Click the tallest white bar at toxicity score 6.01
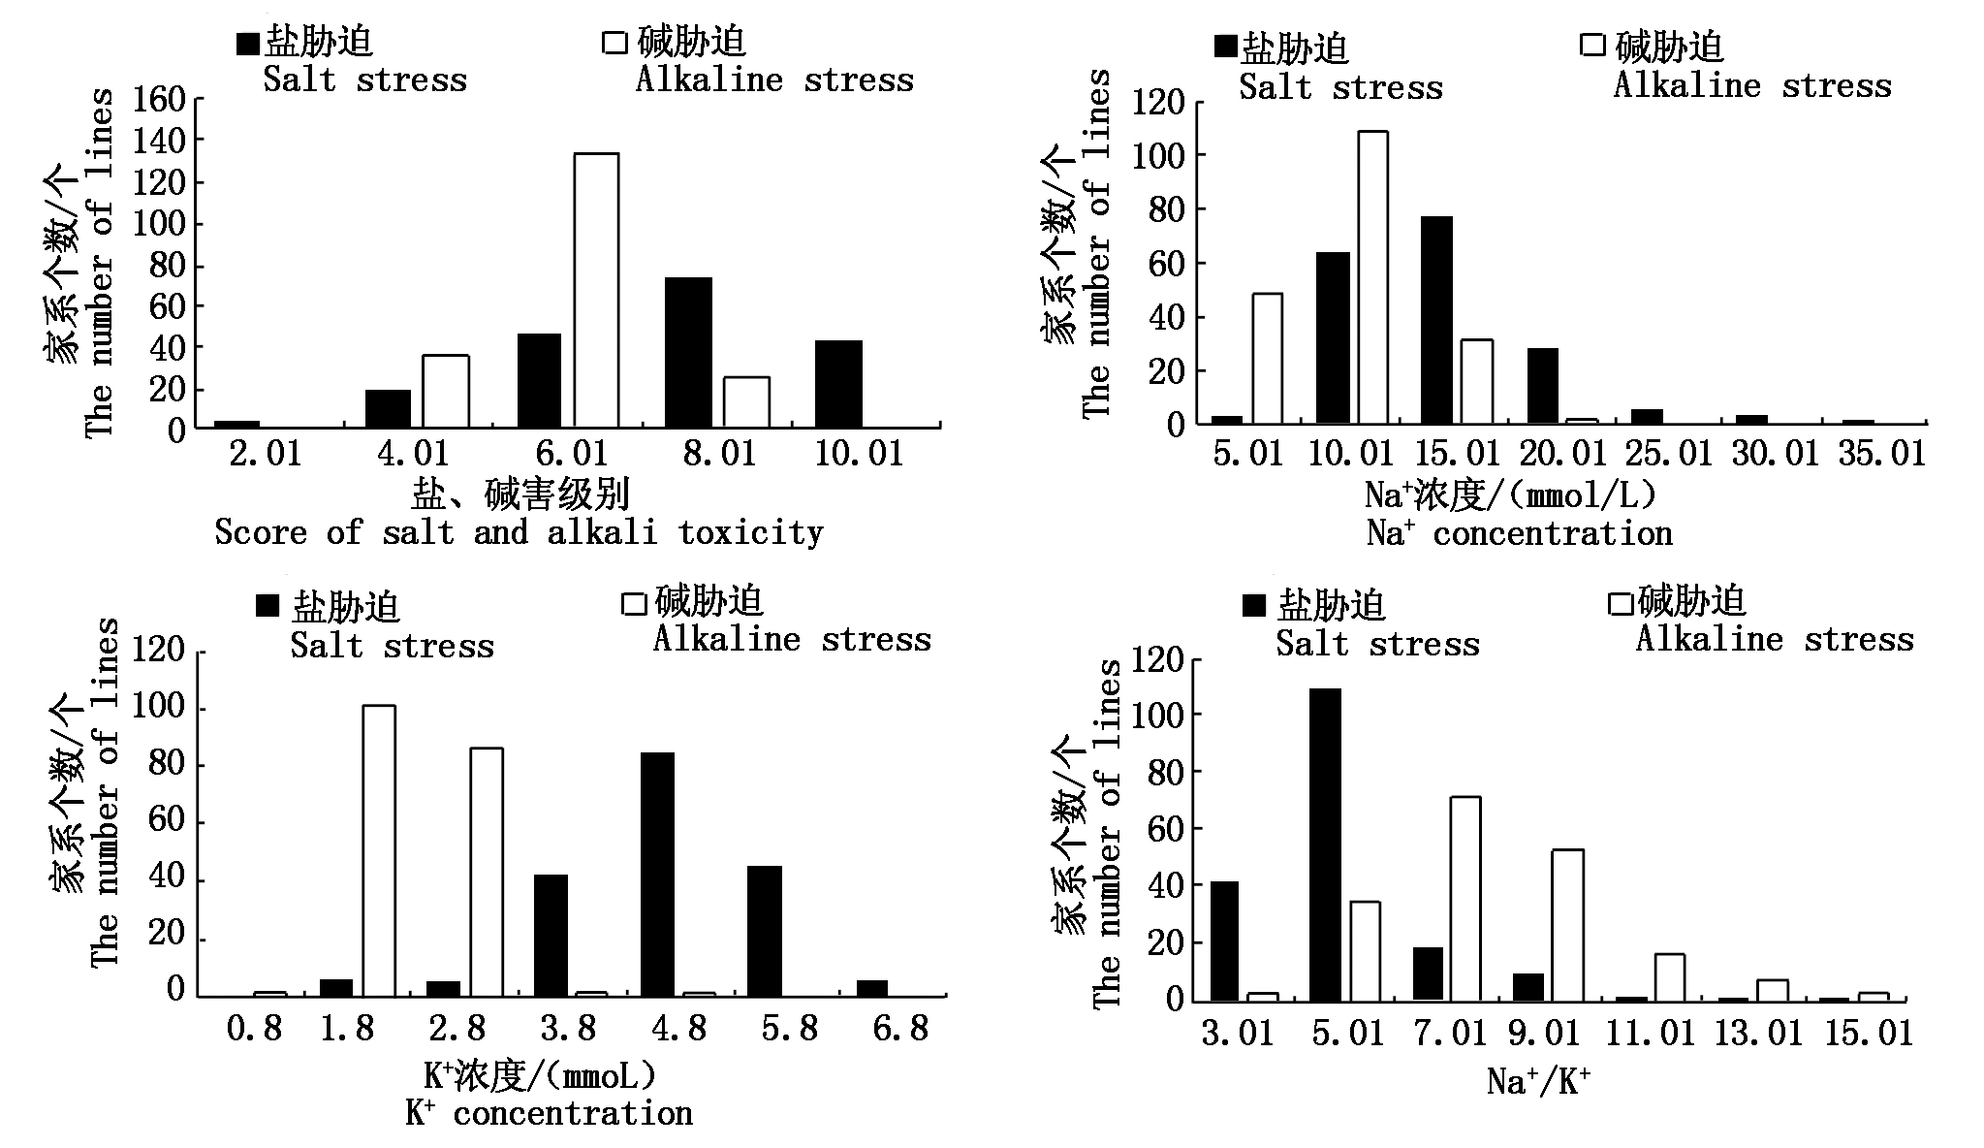(x=596, y=290)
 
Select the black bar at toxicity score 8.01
(x=688, y=353)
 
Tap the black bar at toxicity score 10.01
(x=838, y=384)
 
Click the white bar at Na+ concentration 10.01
(x=1371, y=277)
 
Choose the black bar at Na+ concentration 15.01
(x=1436, y=320)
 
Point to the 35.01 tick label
(x=1881, y=454)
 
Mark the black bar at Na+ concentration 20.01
(x=1542, y=386)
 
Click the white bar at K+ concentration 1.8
(x=379, y=850)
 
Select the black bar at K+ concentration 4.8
(x=657, y=875)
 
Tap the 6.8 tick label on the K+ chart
(x=900, y=1029)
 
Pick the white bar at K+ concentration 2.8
(x=487, y=872)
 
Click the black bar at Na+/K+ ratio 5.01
(x=1325, y=844)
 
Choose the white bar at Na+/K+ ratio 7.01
(x=1464, y=899)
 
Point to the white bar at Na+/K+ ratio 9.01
(x=1567, y=925)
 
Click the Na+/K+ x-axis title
(x=1538, y=1082)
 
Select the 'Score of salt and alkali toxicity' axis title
(x=519, y=532)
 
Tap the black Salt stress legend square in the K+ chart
(x=267, y=606)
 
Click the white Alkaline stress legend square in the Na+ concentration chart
(x=1592, y=46)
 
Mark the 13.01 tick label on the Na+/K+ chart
(x=1758, y=1034)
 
